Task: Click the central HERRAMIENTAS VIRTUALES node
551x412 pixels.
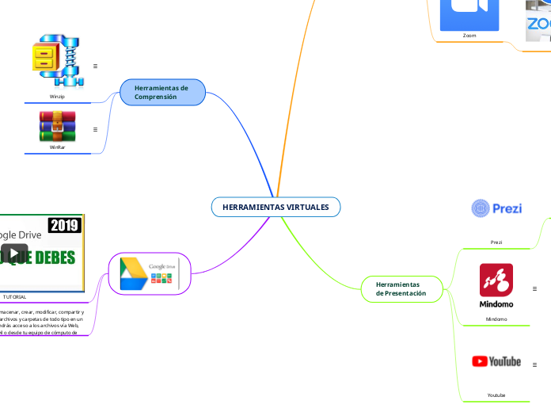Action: [275, 207]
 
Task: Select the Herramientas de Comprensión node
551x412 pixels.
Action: [162, 92]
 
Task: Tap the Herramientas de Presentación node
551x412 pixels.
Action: [401, 288]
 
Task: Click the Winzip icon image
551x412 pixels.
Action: [57, 60]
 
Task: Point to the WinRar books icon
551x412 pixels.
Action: [57, 125]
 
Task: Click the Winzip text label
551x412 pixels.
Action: [57, 96]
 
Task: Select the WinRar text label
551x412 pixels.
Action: [57, 147]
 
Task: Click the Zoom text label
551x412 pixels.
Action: [469, 36]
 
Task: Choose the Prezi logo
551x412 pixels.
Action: [496, 208]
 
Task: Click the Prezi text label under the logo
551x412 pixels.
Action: [496, 242]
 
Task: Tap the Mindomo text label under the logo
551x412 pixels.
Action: [496, 319]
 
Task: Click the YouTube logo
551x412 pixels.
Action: [496, 361]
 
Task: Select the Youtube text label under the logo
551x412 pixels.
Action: [496, 394]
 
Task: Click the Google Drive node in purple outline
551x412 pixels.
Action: [150, 273]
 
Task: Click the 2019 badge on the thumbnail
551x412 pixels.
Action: [64, 226]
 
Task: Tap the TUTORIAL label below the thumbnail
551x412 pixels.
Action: [14, 296]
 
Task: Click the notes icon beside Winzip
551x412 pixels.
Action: [95, 67]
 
